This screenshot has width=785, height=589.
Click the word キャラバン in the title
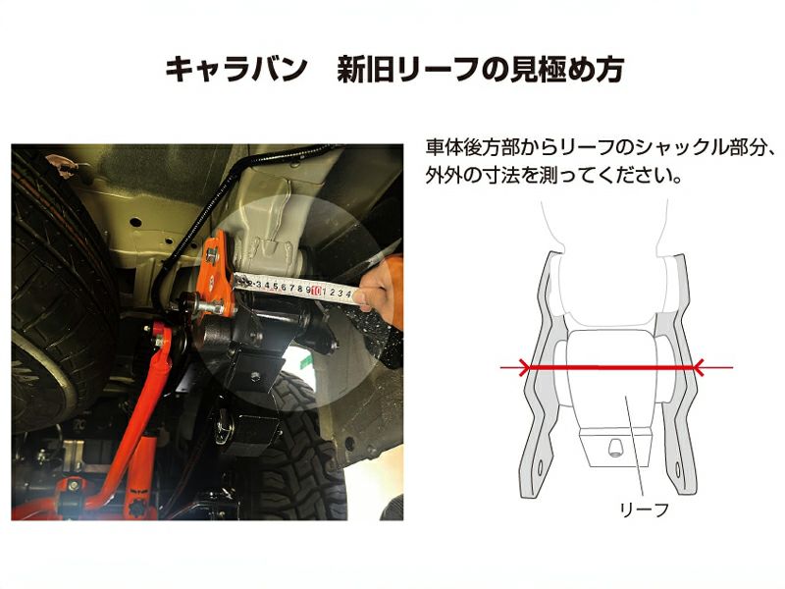tap(235, 70)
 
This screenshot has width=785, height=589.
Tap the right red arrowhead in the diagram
tap(698, 367)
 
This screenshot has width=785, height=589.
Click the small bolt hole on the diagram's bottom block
tap(615, 447)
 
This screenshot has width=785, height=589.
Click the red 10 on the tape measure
tap(316, 291)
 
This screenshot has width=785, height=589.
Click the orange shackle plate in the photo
tap(216, 273)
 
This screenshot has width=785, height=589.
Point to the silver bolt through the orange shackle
tap(202, 303)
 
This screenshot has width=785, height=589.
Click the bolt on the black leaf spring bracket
tap(255, 376)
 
